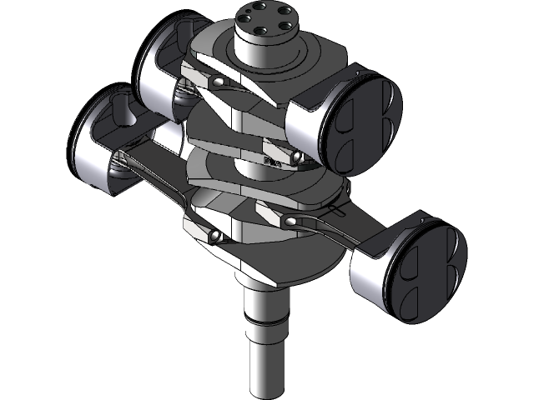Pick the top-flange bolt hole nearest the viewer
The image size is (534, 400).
coord(260,32)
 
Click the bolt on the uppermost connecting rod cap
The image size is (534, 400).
coord(218,82)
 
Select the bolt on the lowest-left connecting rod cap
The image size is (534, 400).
coord(214,237)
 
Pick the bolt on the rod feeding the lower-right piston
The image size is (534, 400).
coord(292,222)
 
